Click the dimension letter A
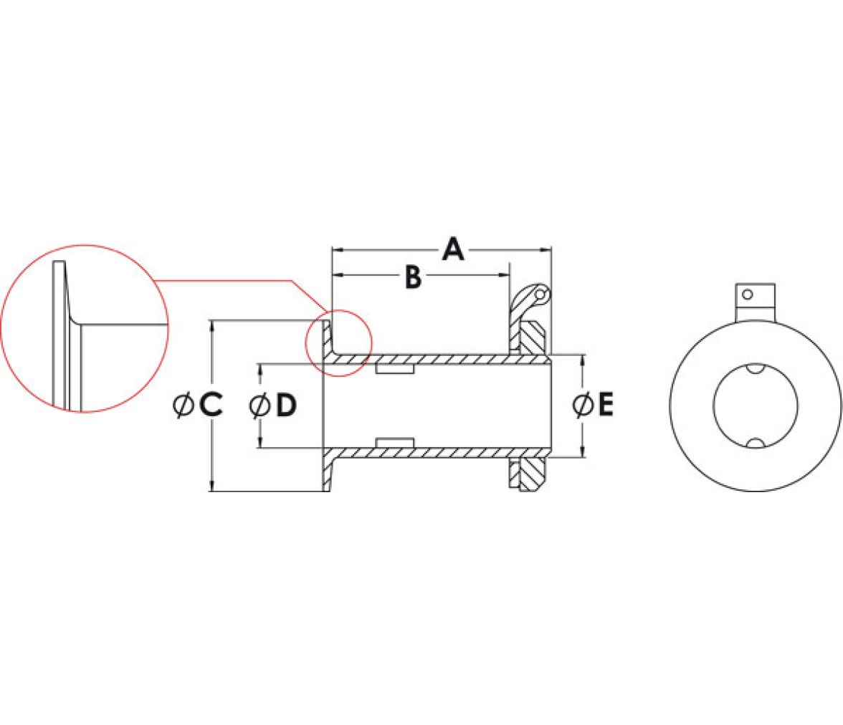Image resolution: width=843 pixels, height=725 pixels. click(x=453, y=249)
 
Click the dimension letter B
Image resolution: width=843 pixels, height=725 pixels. click(x=413, y=277)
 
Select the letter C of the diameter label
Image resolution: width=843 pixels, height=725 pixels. click(x=211, y=405)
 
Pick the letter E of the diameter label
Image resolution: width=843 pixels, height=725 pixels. click(x=606, y=405)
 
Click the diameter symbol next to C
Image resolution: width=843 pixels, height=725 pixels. click(x=184, y=405)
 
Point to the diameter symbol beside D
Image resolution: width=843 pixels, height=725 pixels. click(x=259, y=405)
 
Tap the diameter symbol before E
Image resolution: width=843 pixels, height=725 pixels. click(x=582, y=405)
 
